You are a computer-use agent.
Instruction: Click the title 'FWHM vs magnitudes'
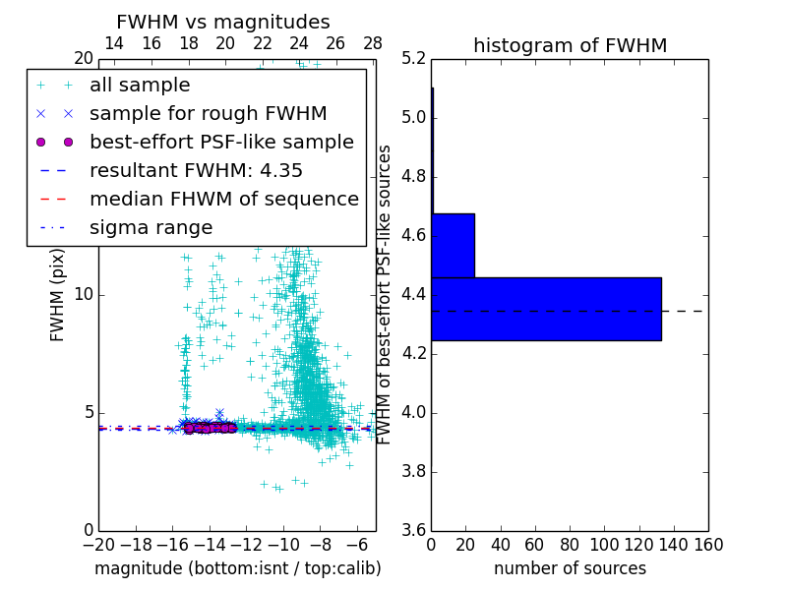pyautogui.click(x=223, y=23)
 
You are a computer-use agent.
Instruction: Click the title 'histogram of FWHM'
pyautogui.click(x=570, y=45)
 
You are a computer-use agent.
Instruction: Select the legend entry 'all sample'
pyautogui.click(x=140, y=86)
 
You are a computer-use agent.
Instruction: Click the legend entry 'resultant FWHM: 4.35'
pyautogui.click(x=196, y=171)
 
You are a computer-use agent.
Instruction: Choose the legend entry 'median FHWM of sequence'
pyautogui.click(x=224, y=200)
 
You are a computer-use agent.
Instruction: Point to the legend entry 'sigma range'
pyautogui.click(x=151, y=228)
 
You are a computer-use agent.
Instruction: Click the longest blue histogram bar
pyautogui.click(x=546, y=309)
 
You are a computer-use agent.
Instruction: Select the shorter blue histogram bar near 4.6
pyautogui.click(x=453, y=245)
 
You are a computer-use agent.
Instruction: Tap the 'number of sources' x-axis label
pyautogui.click(x=570, y=568)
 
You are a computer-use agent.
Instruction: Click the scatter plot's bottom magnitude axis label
pyautogui.click(x=237, y=568)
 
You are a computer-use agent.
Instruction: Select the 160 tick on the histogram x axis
pyautogui.click(x=708, y=545)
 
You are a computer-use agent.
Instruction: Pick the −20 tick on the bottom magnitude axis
pyautogui.click(x=98, y=545)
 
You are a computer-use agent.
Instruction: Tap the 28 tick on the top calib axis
pyautogui.click(x=373, y=43)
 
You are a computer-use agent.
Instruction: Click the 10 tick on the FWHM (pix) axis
pyautogui.click(x=83, y=294)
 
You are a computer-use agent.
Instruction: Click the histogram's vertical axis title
pyautogui.click(x=386, y=294)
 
